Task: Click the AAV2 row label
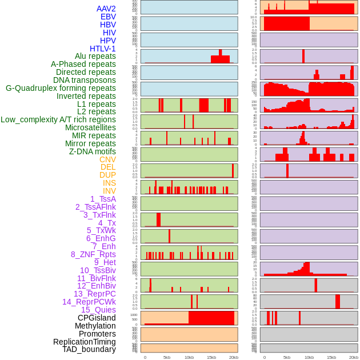tap(106, 9)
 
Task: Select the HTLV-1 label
tap(103, 49)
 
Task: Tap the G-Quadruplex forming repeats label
tap(61, 88)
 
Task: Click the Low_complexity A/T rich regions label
tap(58, 119)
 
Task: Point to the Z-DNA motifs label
tap(93, 151)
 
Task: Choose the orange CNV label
tap(107, 159)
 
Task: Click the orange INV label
tap(109, 191)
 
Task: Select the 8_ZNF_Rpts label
tap(93, 254)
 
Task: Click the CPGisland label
tap(97, 318)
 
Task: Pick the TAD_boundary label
tap(89, 349)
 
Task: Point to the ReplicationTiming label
tap(85, 342)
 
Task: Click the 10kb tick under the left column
tap(189, 357)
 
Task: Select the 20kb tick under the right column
tap(354, 357)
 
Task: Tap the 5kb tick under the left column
tap(167, 357)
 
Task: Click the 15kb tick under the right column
tap(331, 357)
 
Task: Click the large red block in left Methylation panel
tap(211, 318)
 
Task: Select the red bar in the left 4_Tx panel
tap(158, 220)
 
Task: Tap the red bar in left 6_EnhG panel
tap(169, 237)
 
